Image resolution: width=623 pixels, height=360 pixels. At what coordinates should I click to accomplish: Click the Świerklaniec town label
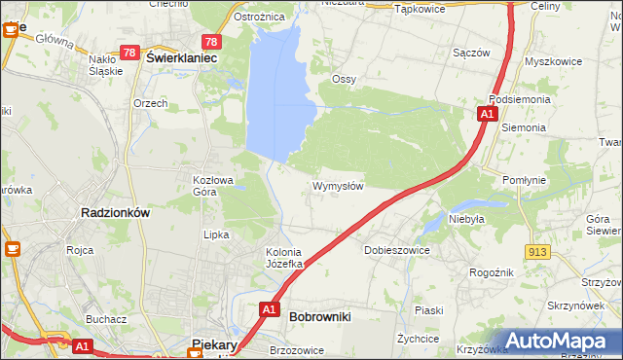180,57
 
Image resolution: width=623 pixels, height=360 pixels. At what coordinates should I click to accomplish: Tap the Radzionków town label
114,213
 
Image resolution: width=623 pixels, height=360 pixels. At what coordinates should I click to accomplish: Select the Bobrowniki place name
320,316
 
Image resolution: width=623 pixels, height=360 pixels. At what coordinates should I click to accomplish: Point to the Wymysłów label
338,186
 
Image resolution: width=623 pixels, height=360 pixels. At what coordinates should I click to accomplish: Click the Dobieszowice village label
396,250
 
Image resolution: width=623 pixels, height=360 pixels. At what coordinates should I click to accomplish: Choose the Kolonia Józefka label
285,258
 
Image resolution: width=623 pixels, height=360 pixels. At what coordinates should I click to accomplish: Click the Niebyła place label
466,219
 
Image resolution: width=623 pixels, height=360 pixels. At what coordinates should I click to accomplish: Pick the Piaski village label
428,310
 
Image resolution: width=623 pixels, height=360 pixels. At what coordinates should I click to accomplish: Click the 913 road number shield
536,252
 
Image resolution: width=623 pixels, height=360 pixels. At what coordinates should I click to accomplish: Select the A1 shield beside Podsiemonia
487,115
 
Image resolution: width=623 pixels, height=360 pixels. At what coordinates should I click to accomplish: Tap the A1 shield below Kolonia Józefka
271,309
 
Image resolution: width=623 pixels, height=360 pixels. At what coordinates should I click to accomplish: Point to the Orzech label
151,103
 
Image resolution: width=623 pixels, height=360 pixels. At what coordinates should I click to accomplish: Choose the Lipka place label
215,234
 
